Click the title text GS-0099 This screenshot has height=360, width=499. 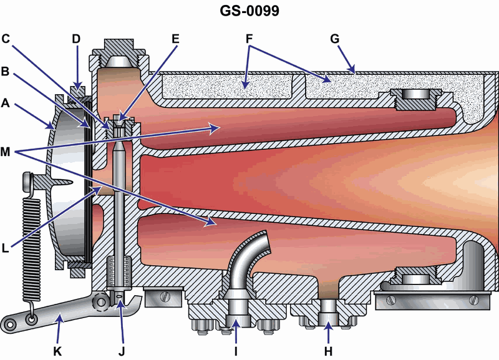click(x=249, y=11)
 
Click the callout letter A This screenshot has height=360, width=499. click(x=5, y=103)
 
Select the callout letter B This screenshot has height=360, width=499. click(x=5, y=71)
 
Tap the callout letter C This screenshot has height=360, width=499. click(x=6, y=39)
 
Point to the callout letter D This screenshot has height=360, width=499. click(x=76, y=39)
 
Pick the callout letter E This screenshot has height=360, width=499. click(x=175, y=39)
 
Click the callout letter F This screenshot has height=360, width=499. click(x=249, y=39)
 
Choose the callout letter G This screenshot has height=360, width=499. click(x=335, y=39)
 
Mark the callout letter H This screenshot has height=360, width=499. click(x=328, y=351)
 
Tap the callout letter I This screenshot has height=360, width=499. click(x=236, y=351)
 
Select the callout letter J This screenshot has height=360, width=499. click(x=122, y=351)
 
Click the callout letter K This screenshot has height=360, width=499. click(x=57, y=351)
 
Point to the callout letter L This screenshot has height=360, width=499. click(x=5, y=248)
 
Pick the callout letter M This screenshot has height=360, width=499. click(x=6, y=152)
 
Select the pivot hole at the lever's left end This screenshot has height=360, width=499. click(x=9, y=324)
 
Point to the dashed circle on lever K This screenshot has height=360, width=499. click(x=100, y=301)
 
